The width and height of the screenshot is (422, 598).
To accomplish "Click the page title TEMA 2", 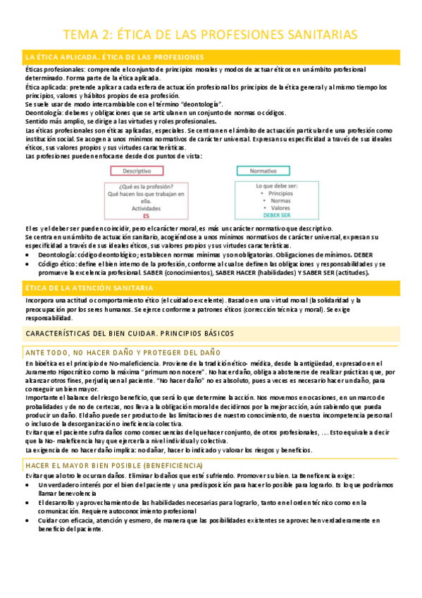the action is click(x=211, y=34).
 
